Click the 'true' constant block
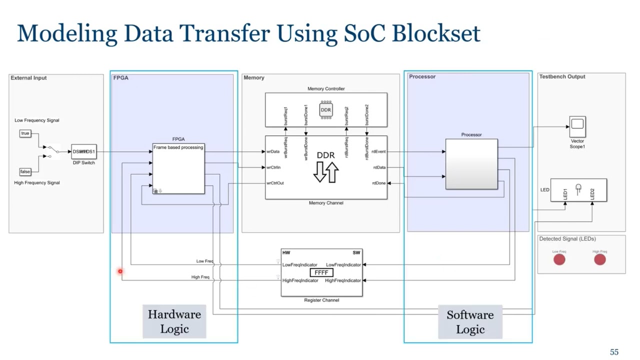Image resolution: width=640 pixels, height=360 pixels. click(25, 133)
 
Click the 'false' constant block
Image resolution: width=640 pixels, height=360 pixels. click(25, 171)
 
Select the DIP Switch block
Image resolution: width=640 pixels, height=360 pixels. click(83, 151)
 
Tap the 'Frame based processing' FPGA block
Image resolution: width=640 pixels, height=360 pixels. click(178, 168)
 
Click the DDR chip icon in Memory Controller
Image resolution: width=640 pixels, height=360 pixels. click(326, 110)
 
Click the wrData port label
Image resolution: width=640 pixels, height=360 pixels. click(273, 151)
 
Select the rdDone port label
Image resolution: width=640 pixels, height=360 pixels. click(379, 183)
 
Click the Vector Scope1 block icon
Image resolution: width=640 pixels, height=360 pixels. click(577, 126)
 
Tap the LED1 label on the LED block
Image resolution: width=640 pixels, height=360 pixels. click(565, 193)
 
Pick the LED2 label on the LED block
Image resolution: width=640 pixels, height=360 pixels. click(592, 194)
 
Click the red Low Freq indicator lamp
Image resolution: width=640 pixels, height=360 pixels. click(559, 259)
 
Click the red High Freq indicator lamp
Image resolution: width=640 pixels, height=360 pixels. click(599, 259)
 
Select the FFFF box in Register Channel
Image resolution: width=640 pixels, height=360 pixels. click(321, 272)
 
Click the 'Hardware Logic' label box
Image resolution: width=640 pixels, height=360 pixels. click(174, 321)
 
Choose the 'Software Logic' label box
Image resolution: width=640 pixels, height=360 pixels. click(470, 322)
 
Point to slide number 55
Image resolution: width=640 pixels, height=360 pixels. click(614, 352)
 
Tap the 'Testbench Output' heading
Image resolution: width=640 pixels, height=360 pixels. click(562, 76)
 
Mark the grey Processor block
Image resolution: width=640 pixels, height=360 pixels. click(471, 164)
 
